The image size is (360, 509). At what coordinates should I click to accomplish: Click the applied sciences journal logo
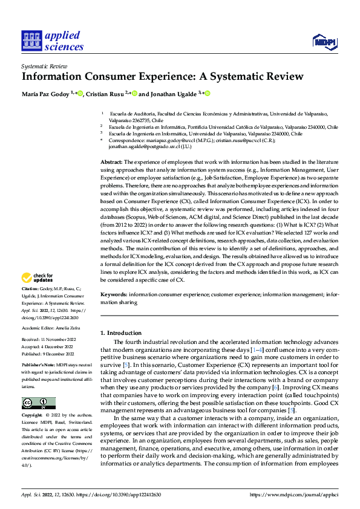click(52, 41)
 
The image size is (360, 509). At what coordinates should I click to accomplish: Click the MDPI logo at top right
click(323, 41)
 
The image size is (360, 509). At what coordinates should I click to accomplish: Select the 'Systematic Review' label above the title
click(44, 66)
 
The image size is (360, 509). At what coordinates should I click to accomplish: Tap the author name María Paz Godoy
click(45, 94)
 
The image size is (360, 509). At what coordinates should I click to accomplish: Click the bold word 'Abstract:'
click(111, 163)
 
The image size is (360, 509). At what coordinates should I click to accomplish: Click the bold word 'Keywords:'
click(114, 295)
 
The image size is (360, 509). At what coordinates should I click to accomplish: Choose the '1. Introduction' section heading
click(120, 333)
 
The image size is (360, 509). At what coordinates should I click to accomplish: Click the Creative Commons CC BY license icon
click(38, 403)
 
